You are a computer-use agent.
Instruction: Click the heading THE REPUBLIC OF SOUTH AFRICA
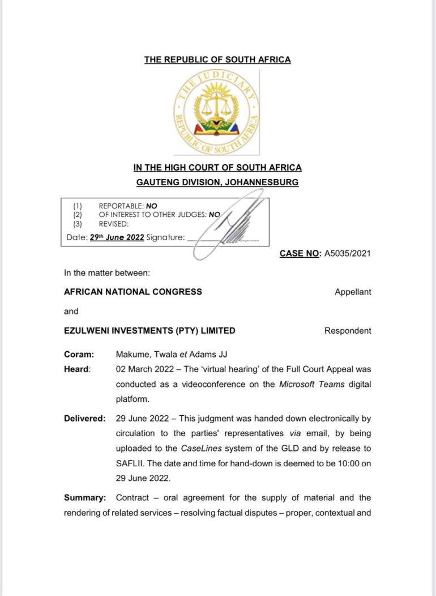[x=217, y=59]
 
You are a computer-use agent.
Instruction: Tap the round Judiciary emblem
[x=217, y=112]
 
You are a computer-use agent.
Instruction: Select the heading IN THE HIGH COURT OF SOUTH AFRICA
[x=217, y=168]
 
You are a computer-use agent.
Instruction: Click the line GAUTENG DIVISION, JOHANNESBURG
[x=217, y=182]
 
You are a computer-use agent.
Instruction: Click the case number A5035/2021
[x=347, y=253]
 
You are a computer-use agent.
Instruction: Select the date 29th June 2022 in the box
[x=117, y=237]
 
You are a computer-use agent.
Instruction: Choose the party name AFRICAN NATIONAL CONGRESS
[x=133, y=292]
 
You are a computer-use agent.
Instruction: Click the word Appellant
[x=353, y=292]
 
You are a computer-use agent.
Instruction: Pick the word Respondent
[x=348, y=331]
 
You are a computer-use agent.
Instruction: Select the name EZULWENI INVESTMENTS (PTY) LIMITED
[x=149, y=331]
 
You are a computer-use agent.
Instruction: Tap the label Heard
[x=76, y=369]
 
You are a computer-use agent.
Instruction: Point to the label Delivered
[x=84, y=419]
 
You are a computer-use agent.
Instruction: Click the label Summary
[x=85, y=498]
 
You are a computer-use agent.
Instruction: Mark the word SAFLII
[x=131, y=464]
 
